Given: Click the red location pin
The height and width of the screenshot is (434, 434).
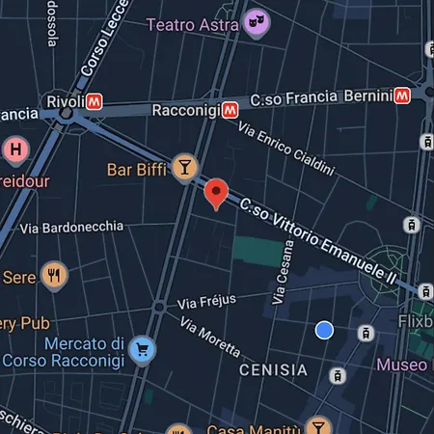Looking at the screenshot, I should click(217, 193).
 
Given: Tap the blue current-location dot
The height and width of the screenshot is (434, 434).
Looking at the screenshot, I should click(325, 330).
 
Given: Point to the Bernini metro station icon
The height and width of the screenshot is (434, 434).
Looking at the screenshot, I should click(404, 96).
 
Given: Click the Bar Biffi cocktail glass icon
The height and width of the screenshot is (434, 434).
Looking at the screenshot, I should click(183, 168).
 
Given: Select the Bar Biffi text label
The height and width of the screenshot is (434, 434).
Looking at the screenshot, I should click(136, 171).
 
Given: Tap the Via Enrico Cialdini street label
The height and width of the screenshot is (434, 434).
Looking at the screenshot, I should click(285, 150).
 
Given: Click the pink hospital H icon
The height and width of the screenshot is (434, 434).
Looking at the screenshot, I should click(14, 149).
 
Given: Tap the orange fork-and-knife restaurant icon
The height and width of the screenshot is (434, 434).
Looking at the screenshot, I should click(55, 276).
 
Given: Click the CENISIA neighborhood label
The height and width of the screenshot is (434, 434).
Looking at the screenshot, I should click(273, 369).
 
